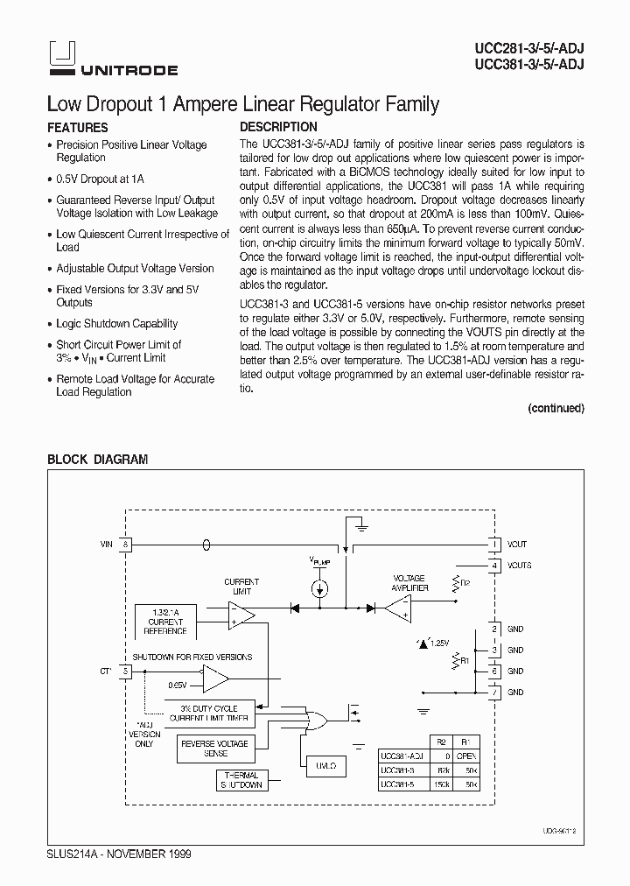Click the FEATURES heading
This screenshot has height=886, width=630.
[77, 128]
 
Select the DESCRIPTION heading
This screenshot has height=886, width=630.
[278, 127]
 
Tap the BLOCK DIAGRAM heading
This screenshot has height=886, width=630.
[97, 460]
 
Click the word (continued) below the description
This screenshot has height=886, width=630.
[556, 408]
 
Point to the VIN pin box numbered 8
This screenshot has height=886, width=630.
[126, 545]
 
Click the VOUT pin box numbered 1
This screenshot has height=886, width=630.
[494, 545]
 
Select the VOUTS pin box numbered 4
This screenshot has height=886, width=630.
[494, 566]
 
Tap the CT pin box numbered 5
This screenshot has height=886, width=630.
[126, 672]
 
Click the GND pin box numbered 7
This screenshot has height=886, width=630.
[494, 693]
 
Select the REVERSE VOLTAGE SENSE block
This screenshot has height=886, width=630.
[213, 749]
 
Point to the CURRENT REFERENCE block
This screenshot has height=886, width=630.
[166, 621]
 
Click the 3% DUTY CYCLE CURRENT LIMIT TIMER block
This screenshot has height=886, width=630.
[210, 712]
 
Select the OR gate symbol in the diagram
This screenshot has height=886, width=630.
[313, 721]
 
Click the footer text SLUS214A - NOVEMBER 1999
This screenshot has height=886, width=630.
[118, 853]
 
